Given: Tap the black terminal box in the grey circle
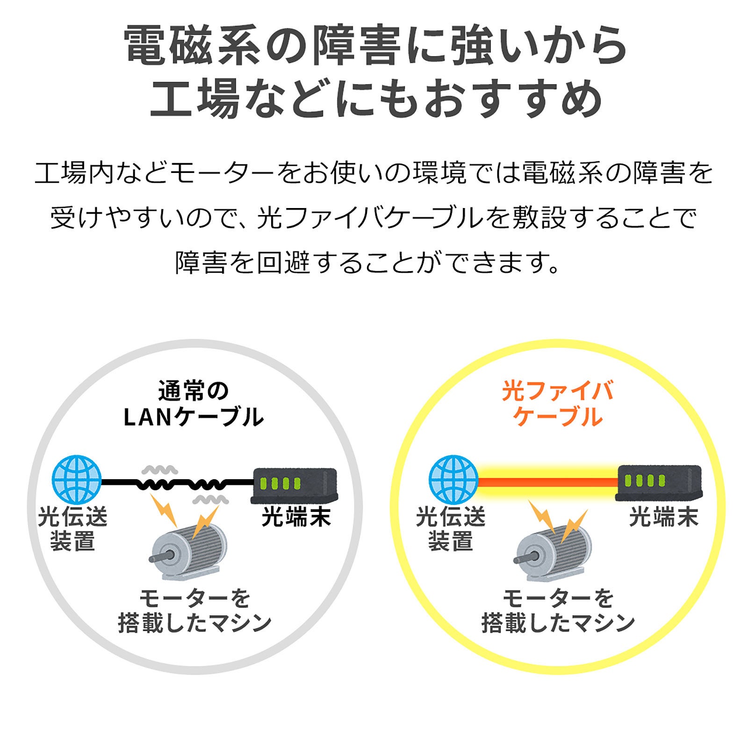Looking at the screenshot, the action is tap(295, 485).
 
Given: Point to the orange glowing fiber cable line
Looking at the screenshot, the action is tap(547, 482).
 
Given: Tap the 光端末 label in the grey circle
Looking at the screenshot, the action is tap(296, 517).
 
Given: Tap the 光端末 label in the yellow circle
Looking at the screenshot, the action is tap(663, 517).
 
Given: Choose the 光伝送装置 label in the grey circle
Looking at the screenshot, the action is tap(73, 529).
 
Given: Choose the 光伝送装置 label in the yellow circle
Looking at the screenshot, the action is tap(451, 529).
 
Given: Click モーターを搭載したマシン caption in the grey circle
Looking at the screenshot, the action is tap(194, 611).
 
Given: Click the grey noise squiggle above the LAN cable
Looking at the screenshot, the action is tap(160, 469).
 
